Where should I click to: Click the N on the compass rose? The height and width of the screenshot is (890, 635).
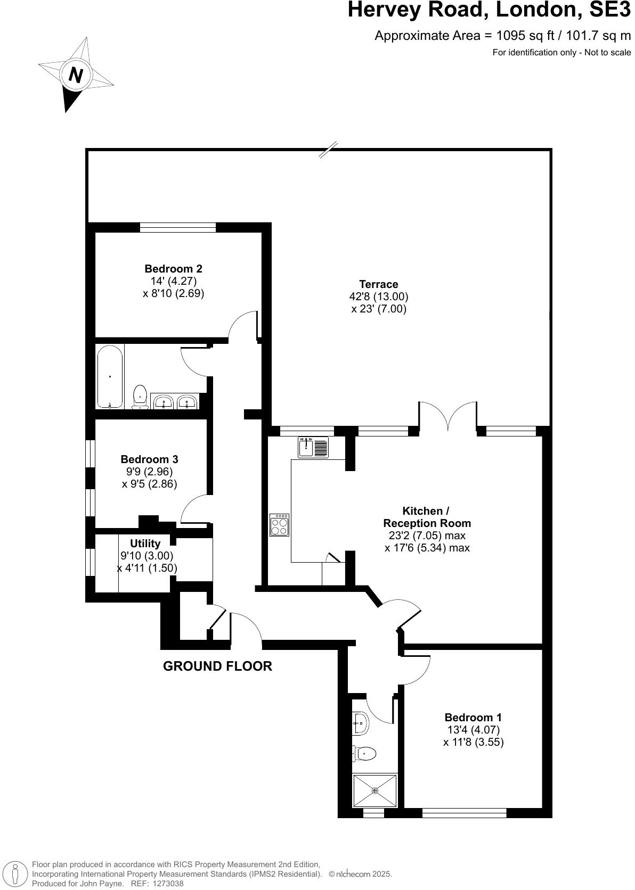pyautogui.click(x=76, y=75)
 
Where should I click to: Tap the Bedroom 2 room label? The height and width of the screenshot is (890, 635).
pyautogui.click(x=173, y=269)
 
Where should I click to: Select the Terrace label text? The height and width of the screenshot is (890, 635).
pyautogui.click(x=378, y=284)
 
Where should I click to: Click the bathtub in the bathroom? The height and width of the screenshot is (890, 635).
pyautogui.click(x=110, y=376)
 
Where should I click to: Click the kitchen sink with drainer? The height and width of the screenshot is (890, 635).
pyautogui.click(x=313, y=447)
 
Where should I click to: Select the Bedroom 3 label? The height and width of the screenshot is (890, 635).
pyautogui.click(x=149, y=459)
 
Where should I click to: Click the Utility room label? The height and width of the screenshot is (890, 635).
pyautogui.click(x=145, y=543)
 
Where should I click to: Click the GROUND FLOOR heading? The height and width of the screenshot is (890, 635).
pyautogui.click(x=217, y=666)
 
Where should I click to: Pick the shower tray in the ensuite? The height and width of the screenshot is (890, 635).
pyautogui.click(x=375, y=790)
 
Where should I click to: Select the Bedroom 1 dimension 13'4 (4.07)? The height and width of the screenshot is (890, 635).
pyautogui.click(x=473, y=730)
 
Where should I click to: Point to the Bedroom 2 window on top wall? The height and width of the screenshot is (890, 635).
pyautogui.click(x=178, y=228)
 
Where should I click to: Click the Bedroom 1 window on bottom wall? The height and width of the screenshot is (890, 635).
pyautogui.click(x=463, y=813)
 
